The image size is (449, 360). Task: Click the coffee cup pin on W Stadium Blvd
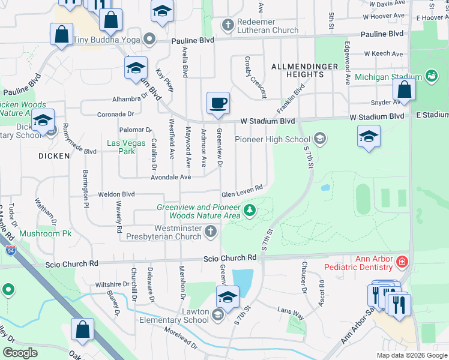(218, 103)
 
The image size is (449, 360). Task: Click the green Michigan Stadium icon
(430, 76)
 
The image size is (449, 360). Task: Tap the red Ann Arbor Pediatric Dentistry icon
(401, 262)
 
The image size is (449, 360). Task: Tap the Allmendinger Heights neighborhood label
(301, 70)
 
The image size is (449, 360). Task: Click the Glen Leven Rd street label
(243, 191)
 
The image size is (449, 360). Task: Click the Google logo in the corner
(20, 352)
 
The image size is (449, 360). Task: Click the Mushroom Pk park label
(45, 233)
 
